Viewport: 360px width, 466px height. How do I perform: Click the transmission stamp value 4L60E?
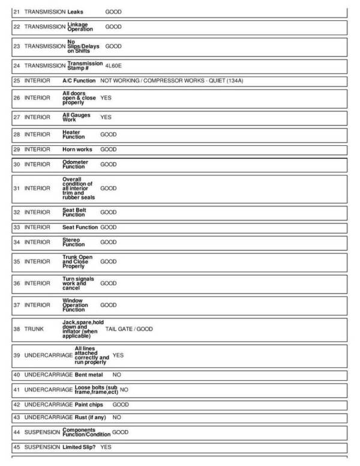click(113, 66)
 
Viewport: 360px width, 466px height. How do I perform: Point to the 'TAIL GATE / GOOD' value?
click(129, 329)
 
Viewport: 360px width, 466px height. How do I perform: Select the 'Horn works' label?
click(76, 149)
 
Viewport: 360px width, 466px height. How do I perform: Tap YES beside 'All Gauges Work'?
click(106, 117)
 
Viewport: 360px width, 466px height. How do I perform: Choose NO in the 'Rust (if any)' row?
click(116, 417)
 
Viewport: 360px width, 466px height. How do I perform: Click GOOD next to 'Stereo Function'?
click(108, 242)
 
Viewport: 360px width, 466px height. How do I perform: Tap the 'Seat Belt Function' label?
click(75, 212)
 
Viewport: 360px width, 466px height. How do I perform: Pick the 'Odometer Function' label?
click(75, 164)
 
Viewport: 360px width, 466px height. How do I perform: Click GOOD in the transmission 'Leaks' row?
click(113, 11)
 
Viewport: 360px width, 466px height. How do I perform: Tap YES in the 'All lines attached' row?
click(118, 355)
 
